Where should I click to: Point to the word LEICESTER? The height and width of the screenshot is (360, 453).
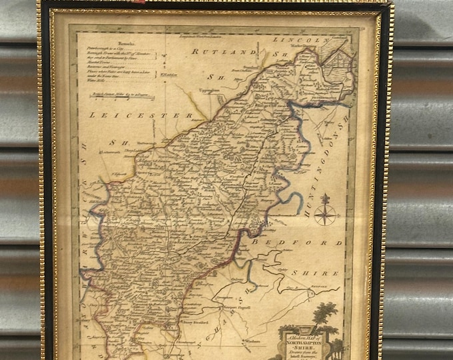pyautogui.click(x=140, y=115)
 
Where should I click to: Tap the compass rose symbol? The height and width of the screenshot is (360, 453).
pyautogui.click(x=326, y=211)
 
